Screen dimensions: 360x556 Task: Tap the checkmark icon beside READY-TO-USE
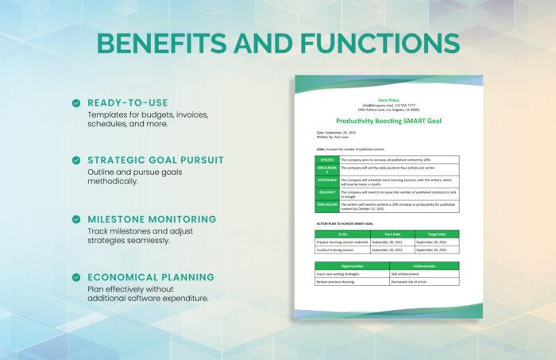(x=75, y=103)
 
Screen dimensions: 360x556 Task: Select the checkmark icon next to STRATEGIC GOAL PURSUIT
(x=75, y=160)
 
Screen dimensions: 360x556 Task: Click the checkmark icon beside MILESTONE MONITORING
(x=75, y=219)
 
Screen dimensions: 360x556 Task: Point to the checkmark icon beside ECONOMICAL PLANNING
(x=75, y=277)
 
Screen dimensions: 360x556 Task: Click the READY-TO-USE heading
(x=127, y=103)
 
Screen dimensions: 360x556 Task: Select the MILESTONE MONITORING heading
(x=152, y=219)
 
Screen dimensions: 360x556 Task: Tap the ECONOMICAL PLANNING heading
(x=151, y=277)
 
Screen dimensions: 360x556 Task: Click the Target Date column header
(x=436, y=234)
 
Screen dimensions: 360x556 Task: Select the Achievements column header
(x=423, y=265)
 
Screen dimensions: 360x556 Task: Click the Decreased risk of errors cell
(x=423, y=281)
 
